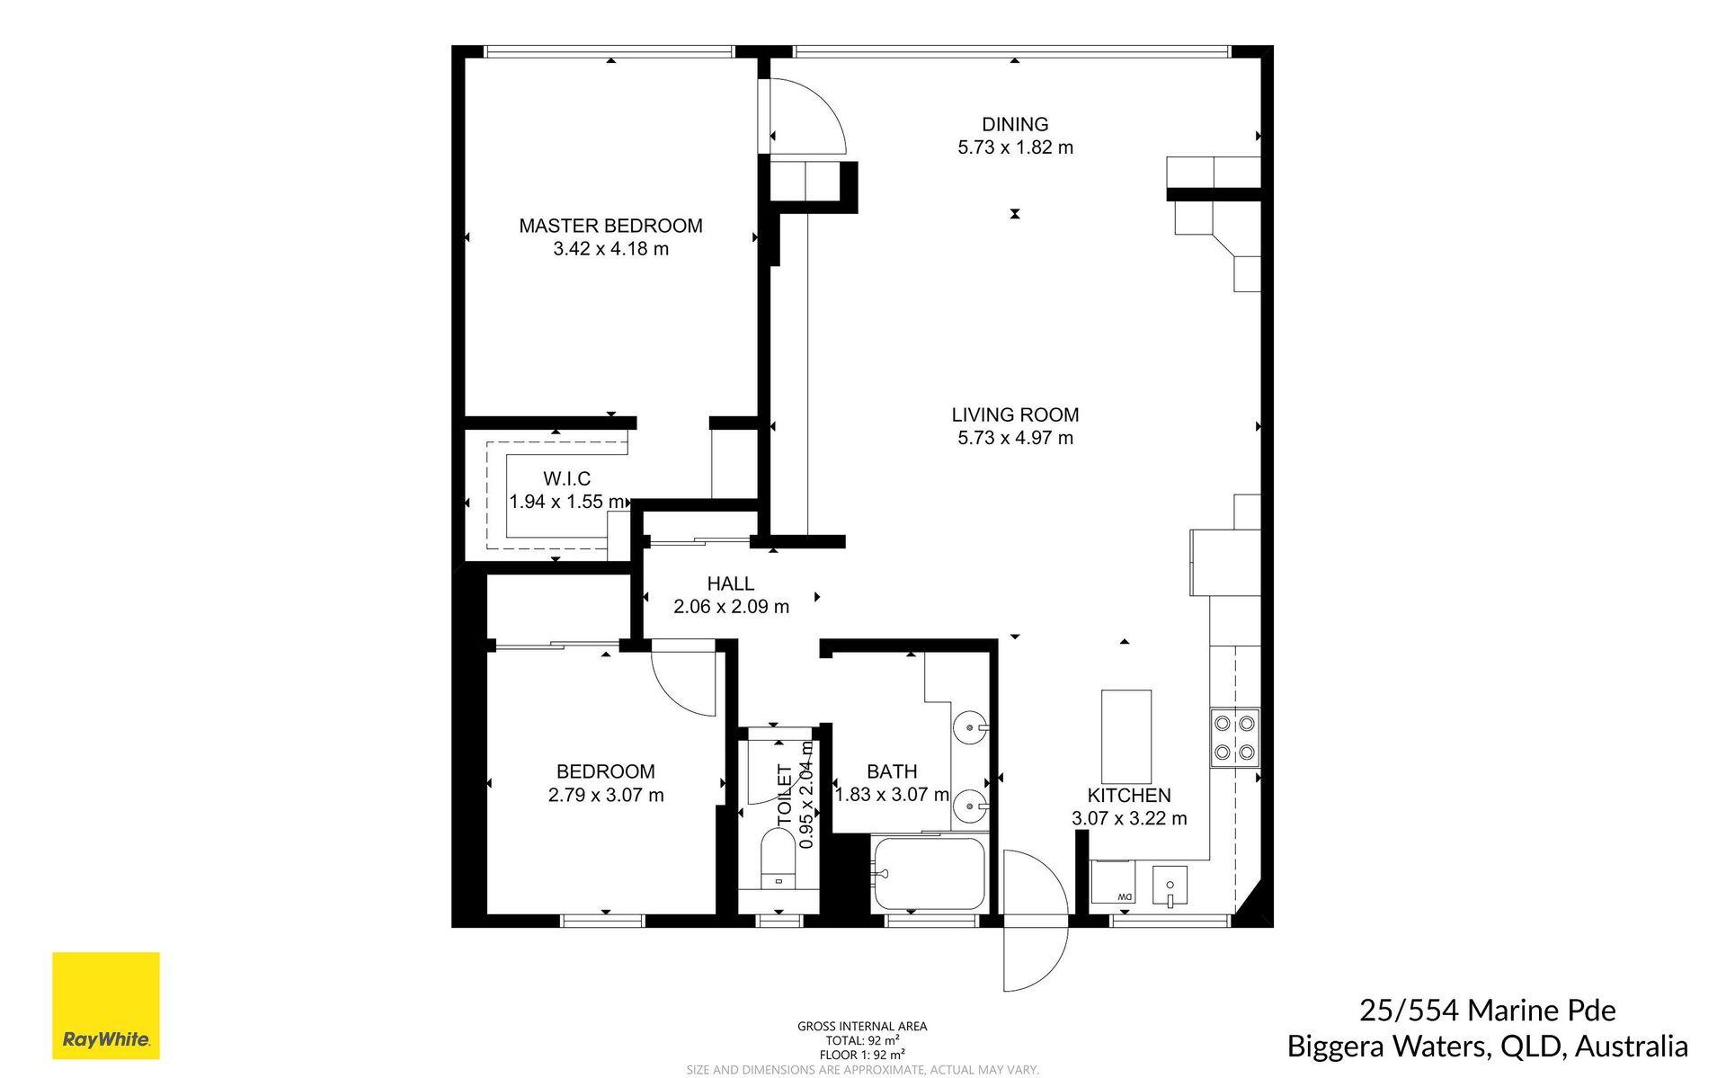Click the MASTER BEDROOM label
610,226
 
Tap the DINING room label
1015,124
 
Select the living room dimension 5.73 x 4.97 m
1015,438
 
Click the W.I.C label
566,478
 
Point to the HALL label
730,584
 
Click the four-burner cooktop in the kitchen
1234,737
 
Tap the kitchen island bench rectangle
1126,736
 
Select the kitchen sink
1170,886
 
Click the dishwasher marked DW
1113,882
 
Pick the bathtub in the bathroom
930,874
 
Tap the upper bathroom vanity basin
970,726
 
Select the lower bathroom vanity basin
970,806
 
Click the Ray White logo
106,1005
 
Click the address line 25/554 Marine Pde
1487,1011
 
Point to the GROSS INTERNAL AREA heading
862,1026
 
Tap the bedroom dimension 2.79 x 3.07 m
606,795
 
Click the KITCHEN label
1129,796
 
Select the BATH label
892,771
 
